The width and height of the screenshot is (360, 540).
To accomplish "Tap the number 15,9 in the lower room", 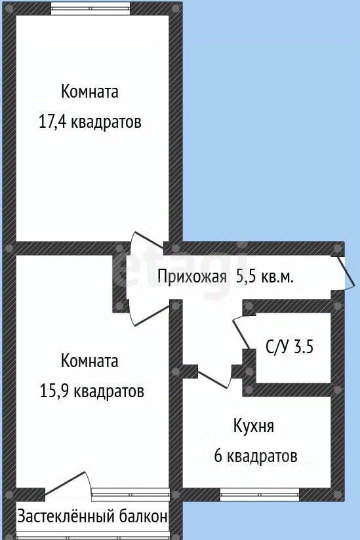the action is [54, 391].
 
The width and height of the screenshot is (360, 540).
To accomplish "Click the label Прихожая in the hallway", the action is [192, 277].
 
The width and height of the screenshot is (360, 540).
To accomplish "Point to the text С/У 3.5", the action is [289, 347].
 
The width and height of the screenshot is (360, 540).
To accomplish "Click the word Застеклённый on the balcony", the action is [66, 516].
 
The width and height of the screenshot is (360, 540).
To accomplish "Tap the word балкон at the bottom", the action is [144, 516].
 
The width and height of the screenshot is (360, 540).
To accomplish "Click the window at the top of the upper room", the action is [90, 9].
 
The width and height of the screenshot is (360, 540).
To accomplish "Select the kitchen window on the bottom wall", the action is [260, 495].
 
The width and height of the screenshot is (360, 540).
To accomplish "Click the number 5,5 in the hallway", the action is [245, 277].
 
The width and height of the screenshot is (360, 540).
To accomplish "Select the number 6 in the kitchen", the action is [218, 456].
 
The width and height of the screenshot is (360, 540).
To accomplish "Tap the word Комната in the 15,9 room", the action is [90, 361].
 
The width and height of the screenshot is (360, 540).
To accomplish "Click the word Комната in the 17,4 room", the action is [90, 92].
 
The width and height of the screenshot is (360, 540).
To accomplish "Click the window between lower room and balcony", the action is [130, 495].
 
